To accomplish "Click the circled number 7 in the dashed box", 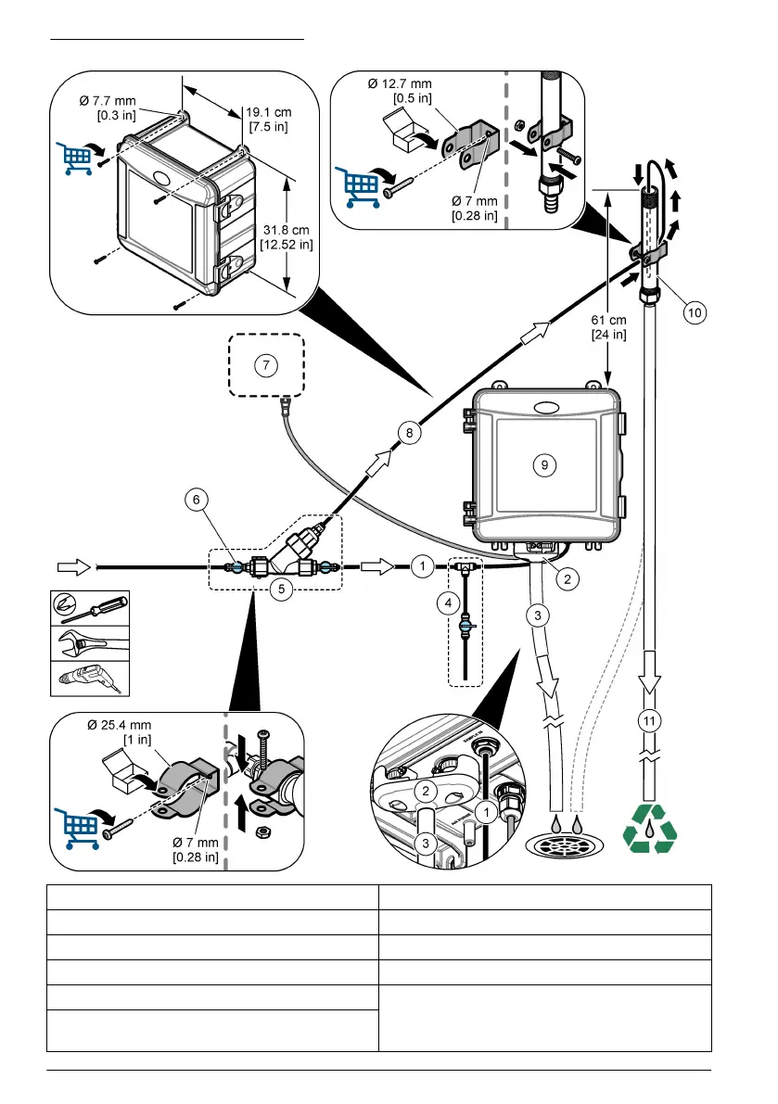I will (266, 365).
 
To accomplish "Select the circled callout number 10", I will (694, 313).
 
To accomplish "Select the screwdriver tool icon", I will (89, 608).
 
